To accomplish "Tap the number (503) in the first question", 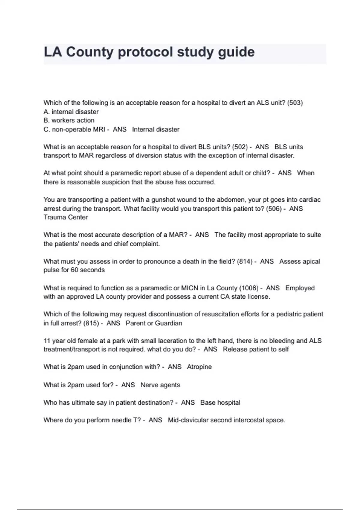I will (295, 103).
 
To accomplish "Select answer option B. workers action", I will (69, 120).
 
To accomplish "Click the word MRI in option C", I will (98, 129).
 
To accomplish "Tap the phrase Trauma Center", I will (66, 217).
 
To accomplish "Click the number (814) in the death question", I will (244, 262).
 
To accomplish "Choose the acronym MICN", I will (189, 288).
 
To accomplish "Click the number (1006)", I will (249, 288).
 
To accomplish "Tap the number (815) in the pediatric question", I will (91, 323).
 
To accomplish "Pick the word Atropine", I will (199, 367).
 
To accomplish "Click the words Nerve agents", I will (160, 385).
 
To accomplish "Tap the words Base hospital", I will (220, 403).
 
